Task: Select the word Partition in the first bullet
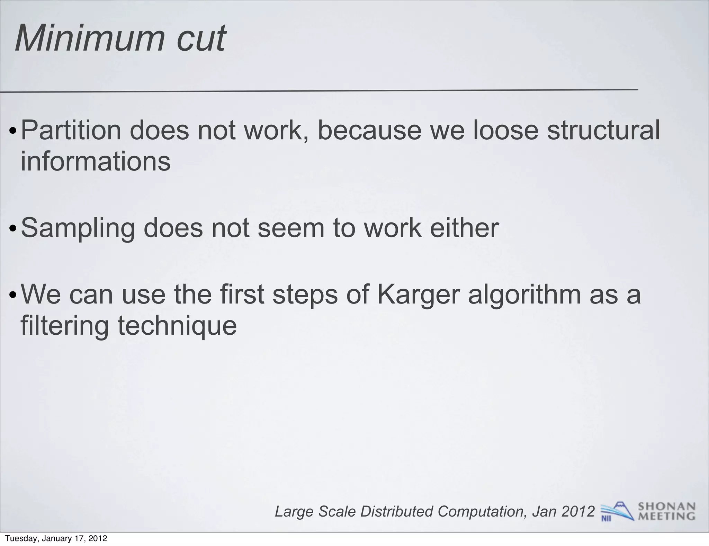(x=71, y=130)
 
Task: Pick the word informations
(x=96, y=161)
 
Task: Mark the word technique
(x=177, y=326)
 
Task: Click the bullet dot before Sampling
(x=13, y=229)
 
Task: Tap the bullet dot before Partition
(x=13, y=132)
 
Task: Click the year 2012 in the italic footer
(x=578, y=511)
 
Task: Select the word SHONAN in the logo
(x=666, y=507)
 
